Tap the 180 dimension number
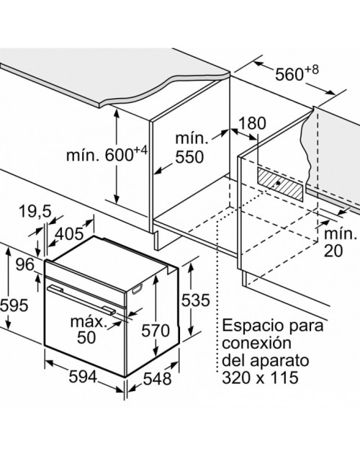(252, 123)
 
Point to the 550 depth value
(189, 157)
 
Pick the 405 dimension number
(69, 234)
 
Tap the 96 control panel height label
(24, 264)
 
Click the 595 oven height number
(14, 305)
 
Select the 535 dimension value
(196, 300)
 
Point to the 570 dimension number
(156, 331)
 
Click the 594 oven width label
(83, 377)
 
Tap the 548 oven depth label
(157, 379)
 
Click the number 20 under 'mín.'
(333, 251)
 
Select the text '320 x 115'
(261, 377)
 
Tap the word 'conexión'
(256, 343)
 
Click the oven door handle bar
(82, 300)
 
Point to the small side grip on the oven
(137, 290)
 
